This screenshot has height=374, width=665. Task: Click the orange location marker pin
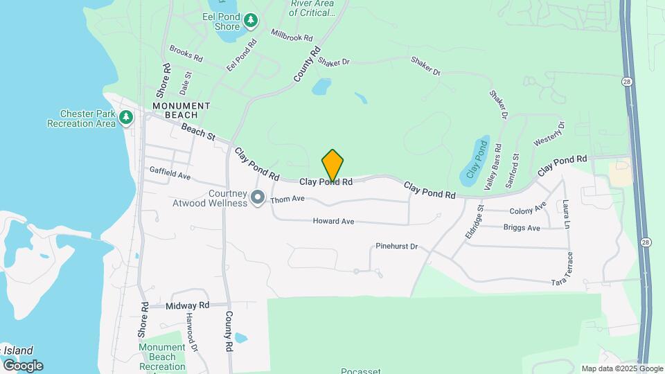click(x=332, y=166)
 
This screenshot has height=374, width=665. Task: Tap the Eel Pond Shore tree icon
click(x=251, y=21)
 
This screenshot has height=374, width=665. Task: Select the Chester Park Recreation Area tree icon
click(x=125, y=118)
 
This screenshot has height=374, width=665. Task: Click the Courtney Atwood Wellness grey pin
click(x=258, y=198)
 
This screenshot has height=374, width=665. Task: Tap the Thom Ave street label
click(x=288, y=199)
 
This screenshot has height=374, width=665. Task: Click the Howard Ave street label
click(x=334, y=221)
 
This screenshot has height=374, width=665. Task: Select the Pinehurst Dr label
click(x=397, y=246)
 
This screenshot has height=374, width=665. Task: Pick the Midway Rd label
click(x=187, y=305)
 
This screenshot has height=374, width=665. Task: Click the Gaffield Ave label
click(x=170, y=172)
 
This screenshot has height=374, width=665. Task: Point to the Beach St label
click(x=198, y=132)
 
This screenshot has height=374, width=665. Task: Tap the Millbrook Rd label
click(x=292, y=34)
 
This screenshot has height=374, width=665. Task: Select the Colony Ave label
click(x=528, y=208)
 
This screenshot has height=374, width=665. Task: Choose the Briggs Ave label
click(x=522, y=227)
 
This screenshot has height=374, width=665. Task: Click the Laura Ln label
click(x=566, y=215)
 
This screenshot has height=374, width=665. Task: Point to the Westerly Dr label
click(x=549, y=134)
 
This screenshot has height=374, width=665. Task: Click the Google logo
click(x=22, y=365)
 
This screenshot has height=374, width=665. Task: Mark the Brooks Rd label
click(x=186, y=53)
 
